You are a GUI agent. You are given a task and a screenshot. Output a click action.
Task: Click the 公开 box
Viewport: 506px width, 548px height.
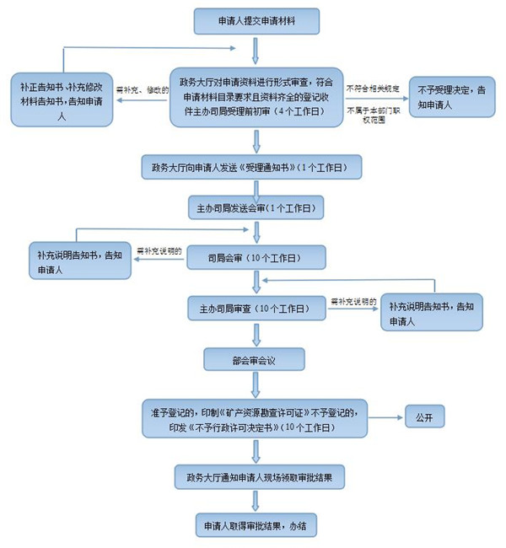click(424, 418)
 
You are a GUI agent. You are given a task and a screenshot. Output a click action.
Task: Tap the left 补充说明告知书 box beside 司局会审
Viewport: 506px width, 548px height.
click(79, 262)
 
